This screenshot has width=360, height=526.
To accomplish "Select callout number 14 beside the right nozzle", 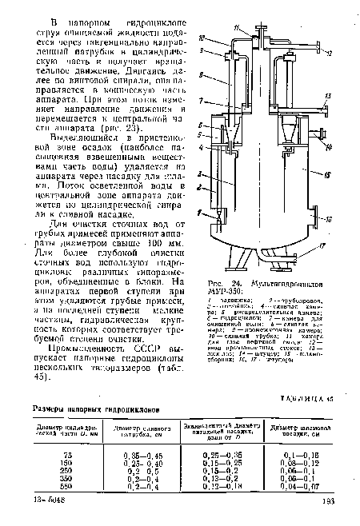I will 330,147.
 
